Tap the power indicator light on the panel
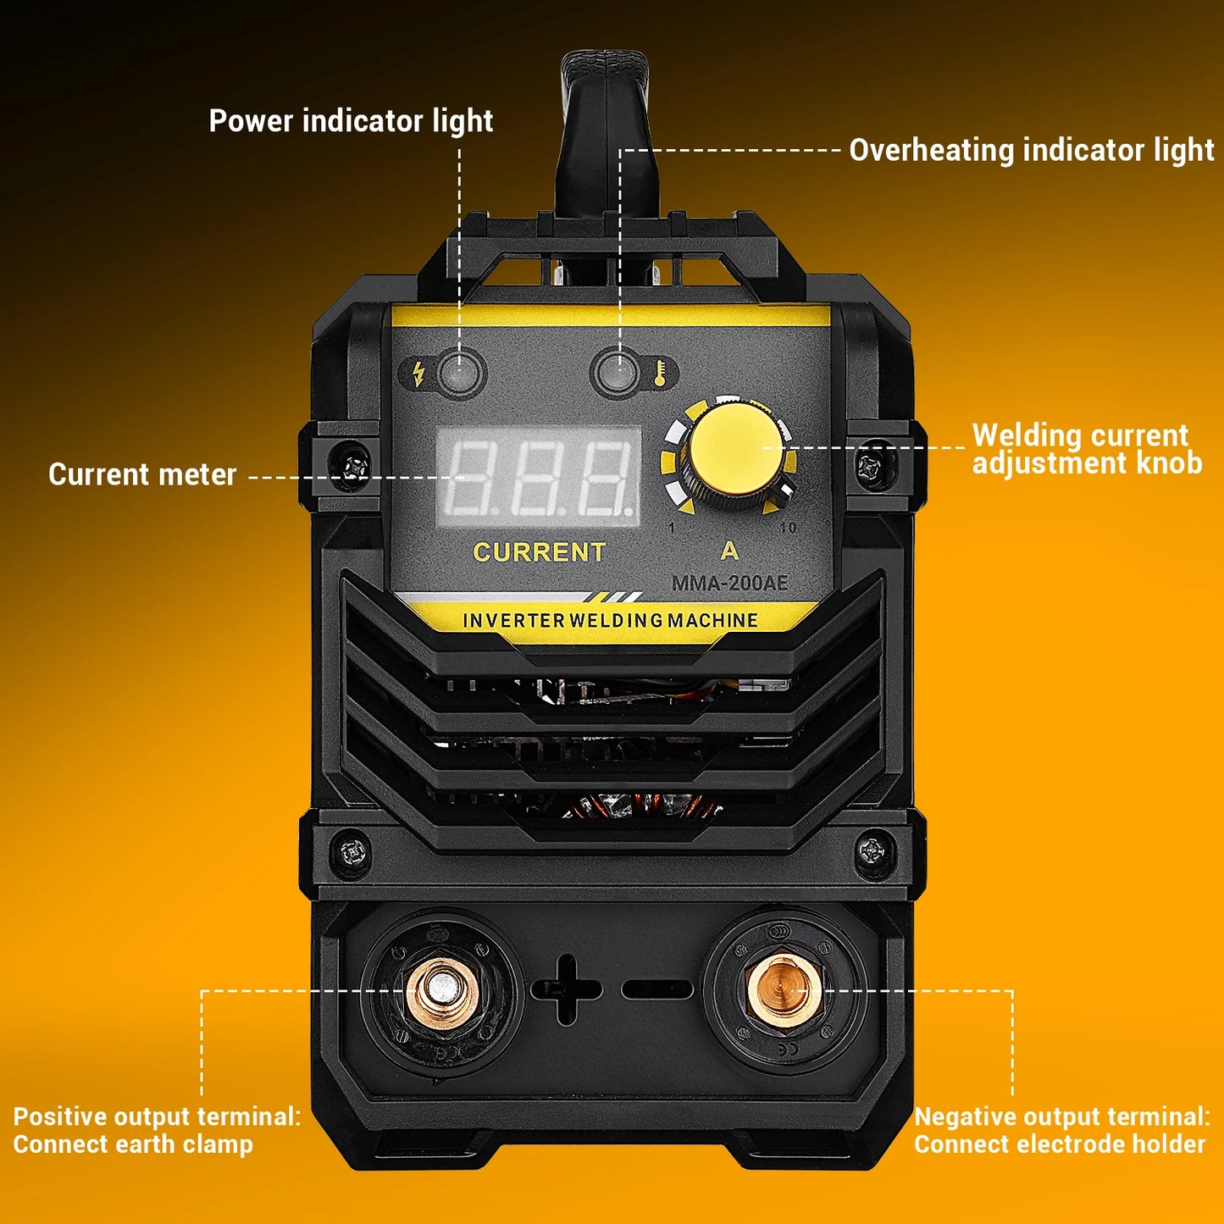(459, 372)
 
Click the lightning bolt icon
(418, 373)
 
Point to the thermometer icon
(660, 373)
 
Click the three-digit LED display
(539, 478)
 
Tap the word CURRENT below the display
(539, 552)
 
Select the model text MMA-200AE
(729, 583)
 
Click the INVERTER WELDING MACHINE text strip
(610, 620)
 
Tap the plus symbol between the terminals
(566, 989)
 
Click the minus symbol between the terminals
(657, 989)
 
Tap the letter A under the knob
(729, 551)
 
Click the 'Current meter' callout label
(142, 474)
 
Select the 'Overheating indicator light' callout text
(1031, 150)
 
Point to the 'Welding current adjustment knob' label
(1086, 449)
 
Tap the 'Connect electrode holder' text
(1059, 1144)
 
